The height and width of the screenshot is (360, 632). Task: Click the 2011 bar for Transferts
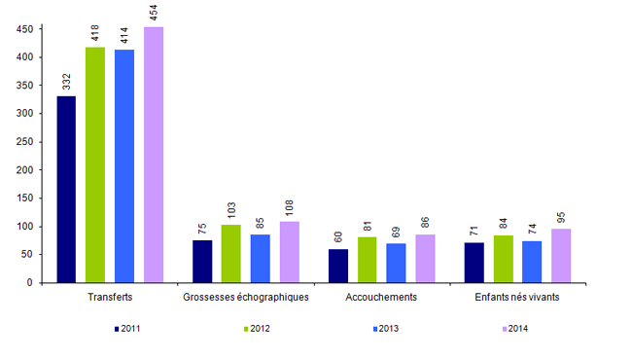point(66,189)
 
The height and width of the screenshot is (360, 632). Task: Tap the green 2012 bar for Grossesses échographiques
point(230,253)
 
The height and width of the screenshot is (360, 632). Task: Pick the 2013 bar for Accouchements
point(396,263)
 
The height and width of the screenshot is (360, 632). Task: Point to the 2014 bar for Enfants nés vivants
point(561,255)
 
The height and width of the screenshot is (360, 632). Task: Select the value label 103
point(230,208)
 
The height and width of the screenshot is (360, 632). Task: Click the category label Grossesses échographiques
point(246,297)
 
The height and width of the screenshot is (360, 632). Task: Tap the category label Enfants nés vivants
point(517,297)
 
